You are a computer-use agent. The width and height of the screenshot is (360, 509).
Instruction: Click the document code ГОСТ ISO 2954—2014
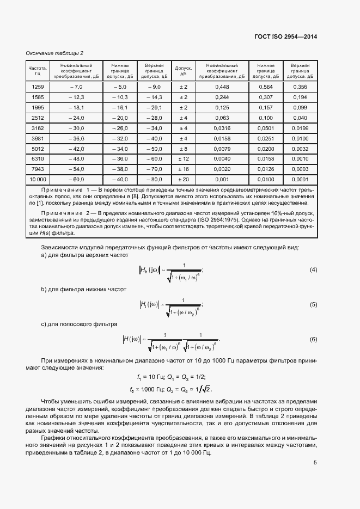(286, 36)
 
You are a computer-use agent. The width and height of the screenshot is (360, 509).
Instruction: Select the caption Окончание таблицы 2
(54, 53)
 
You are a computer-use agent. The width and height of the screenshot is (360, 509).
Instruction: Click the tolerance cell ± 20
(184, 179)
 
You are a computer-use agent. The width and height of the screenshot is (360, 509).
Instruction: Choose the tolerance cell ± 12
(184, 158)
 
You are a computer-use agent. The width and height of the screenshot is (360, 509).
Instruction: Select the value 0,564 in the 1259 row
(266, 87)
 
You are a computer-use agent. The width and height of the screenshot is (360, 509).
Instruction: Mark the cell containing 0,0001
(300, 179)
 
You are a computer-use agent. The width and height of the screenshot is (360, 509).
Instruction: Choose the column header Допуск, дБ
(184, 71)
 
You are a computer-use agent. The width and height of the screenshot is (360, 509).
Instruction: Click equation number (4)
(313, 270)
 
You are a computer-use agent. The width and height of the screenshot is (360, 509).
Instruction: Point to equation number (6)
(313, 340)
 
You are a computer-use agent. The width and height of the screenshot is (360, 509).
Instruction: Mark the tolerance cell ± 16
(184, 169)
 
